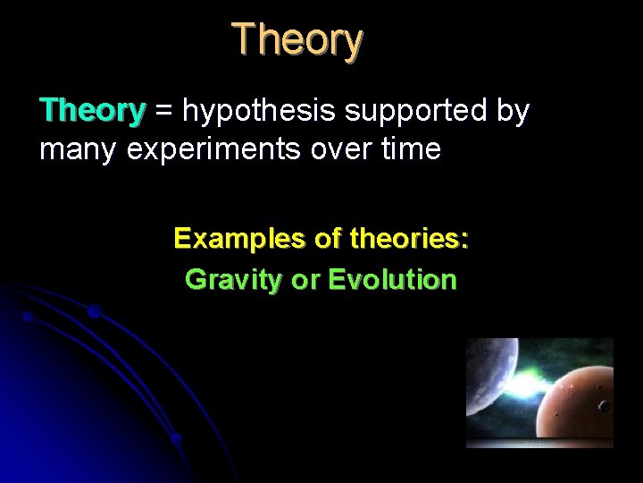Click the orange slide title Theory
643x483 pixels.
point(297,40)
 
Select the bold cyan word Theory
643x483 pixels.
point(92,111)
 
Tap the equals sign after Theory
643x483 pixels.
point(164,112)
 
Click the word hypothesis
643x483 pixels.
point(255,112)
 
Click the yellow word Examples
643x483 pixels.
point(239,239)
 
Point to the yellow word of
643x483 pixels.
point(328,239)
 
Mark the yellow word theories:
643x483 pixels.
point(410,239)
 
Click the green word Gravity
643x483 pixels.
point(232,280)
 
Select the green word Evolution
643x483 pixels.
point(392,280)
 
